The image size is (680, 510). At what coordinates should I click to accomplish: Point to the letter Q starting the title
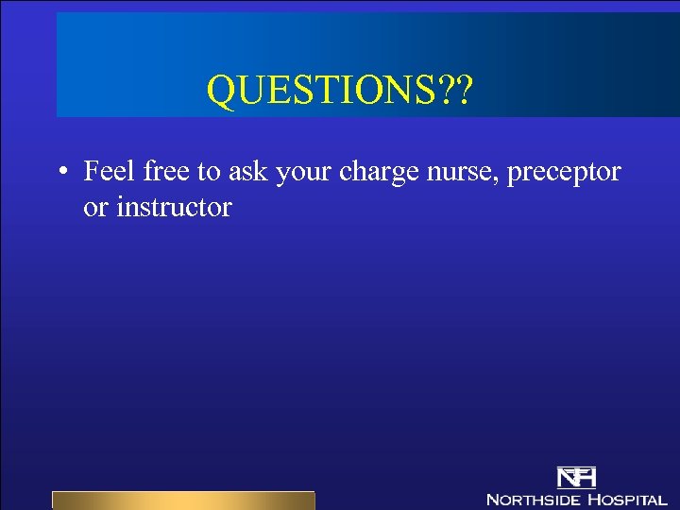[219, 93]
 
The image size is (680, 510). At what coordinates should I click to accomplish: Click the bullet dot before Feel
[60, 173]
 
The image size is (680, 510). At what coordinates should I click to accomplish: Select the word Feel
[110, 171]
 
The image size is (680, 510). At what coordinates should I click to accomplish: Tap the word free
[166, 171]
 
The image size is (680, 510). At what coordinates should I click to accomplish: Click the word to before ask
[209, 172]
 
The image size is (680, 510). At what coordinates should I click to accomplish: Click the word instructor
[174, 207]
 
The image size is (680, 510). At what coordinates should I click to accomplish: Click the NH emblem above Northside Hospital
[576, 477]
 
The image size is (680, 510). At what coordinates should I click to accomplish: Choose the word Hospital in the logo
[627, 499]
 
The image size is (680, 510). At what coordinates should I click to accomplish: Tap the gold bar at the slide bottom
[182, 501]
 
